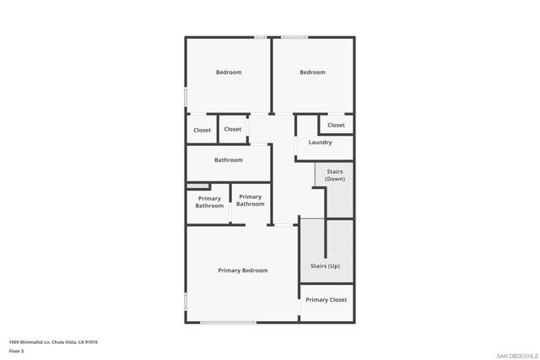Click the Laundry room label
coord(320,142)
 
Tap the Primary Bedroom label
coord(243,271)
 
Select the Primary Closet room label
coord(327,300)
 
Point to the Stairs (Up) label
coord(325,266)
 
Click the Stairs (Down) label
coord(335,175)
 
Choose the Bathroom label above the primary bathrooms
coord(229,160)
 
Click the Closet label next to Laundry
coord(336,126)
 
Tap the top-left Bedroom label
coord(229,73)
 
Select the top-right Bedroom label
coord(312,73)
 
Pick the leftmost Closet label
coord(202,131)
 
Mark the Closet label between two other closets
coord(233,129)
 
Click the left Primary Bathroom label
coord(209,202)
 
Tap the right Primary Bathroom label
coord(251,201)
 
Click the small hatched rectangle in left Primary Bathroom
coord(198,186)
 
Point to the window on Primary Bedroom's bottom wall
coord(229,323)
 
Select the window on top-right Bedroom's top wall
coord(294,37)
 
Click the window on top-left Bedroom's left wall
coord(186,97)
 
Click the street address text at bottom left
coord(53,342)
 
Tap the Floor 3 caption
coord(16,351)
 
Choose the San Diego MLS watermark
coord(517,356)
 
